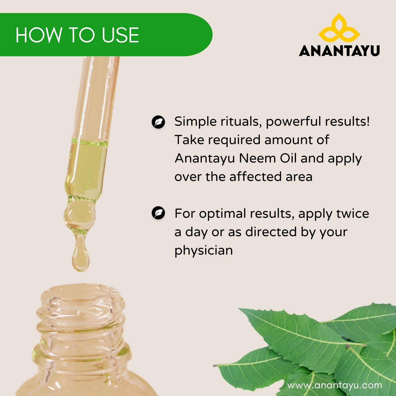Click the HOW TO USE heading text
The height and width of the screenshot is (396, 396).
pos(77,35)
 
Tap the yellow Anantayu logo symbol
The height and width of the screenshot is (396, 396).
pos(339,30)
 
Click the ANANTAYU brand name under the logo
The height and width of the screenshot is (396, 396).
pos(339,51)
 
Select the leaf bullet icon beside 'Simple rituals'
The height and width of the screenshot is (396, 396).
pos(158,122)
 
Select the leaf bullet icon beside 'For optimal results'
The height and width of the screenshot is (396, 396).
pos(158,213)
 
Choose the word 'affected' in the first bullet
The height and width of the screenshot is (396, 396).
pos(256,176)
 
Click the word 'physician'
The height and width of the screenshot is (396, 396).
pos(204,250)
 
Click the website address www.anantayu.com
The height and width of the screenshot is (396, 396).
pos(334,385)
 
